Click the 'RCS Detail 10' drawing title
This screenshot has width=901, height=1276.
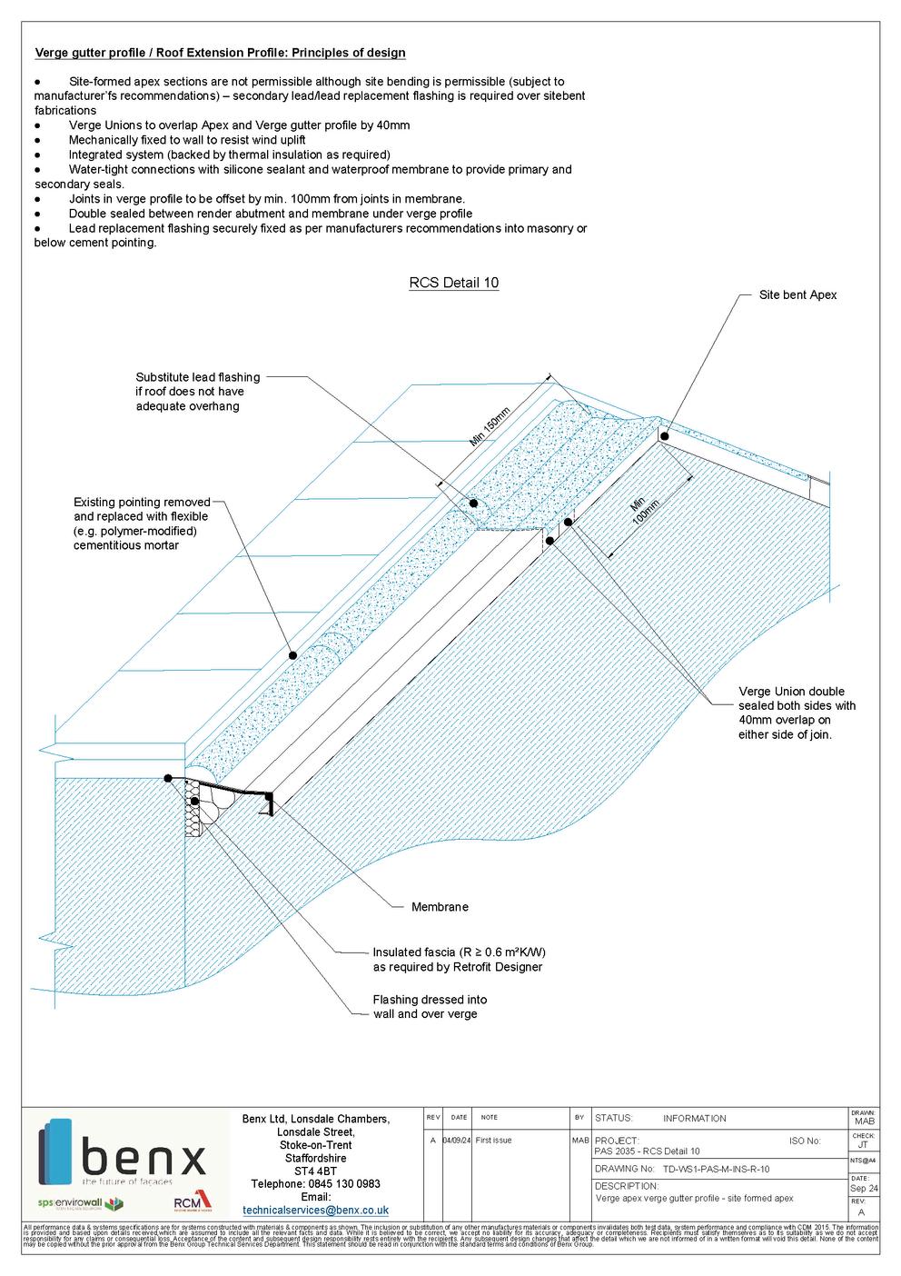[x=453, y=283]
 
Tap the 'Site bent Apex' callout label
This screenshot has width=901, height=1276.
[x=797, y=295]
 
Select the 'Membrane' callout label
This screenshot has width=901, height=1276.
[x=440, y=907]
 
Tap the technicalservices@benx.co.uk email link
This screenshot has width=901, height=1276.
[x=315, y=1210]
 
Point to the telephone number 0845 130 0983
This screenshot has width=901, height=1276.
[x=315, y=1183]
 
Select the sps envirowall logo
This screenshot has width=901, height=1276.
[x=80, y=1204]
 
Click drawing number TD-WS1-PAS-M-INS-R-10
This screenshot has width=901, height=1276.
[x=716, y=1169]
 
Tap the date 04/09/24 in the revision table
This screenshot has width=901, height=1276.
[x=455, y=1140]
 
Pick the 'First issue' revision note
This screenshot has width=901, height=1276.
[x=494, y=1140]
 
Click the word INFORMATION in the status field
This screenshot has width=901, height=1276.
[x=694, y=1118]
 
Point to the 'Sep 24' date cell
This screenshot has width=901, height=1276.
[x=863, y=1188]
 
